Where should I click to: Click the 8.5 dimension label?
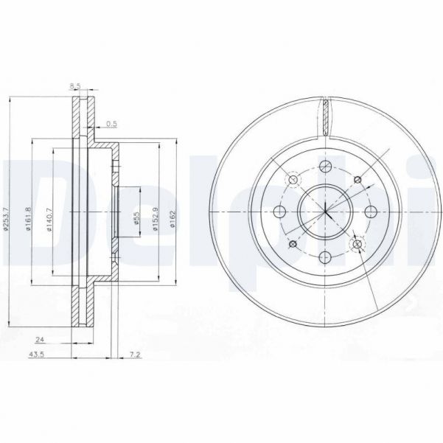74,87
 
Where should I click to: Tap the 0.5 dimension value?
112,123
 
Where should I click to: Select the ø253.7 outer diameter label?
7,214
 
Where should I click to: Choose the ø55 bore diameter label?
136,218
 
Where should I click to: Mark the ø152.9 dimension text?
156,218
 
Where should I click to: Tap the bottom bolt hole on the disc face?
325,257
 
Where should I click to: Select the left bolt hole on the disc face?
279,212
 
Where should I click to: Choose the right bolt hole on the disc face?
371,212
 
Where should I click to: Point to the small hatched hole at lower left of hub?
293,244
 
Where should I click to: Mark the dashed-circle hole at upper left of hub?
293,179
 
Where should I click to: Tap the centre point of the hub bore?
325,212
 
